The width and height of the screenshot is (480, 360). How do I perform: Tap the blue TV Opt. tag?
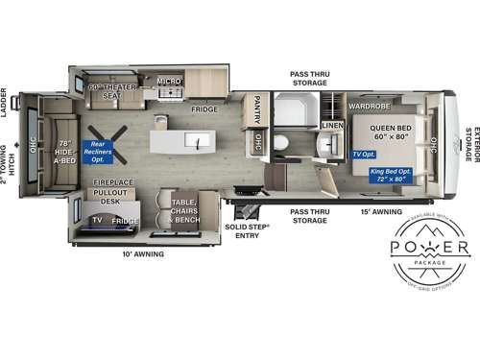363,154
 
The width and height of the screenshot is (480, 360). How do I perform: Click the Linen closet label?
332,126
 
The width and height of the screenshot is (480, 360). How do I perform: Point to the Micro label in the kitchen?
169,82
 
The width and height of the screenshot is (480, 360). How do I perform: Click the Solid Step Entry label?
248,230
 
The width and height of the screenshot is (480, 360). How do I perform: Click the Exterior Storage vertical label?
469,144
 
